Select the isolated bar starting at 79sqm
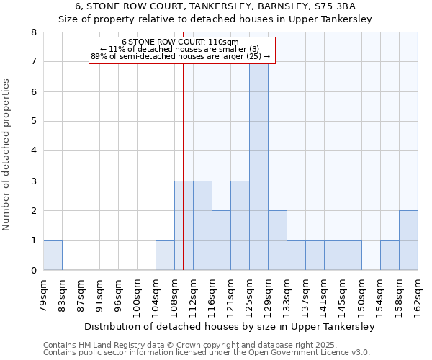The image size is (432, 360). pos(53,256)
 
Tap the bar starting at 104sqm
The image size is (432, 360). pos(165,256)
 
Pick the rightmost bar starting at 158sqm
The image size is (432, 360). pos(408,240)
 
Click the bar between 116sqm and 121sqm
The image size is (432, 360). pos(221,240)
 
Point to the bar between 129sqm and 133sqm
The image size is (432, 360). pos(277,240)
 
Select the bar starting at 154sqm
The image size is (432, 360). pos(390,256)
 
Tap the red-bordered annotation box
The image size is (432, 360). pos(181,50)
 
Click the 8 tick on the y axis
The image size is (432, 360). pos(33,32)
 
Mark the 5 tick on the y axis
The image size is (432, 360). pos(33,122)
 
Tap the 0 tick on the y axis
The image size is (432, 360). pos(33,271)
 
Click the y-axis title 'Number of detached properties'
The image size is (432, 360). pos(7,156)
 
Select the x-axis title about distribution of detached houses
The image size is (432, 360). pos(230,326)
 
